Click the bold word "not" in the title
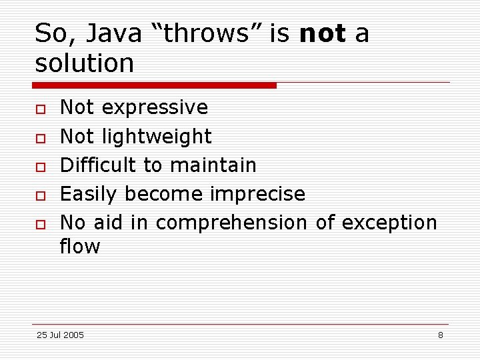click(323, 33)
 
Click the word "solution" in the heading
click(85, 63)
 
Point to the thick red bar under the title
click(154, 85)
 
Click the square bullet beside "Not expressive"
click(40, 109)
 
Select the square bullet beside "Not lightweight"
click(40, 137)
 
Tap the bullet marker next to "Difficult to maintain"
click(40, 166)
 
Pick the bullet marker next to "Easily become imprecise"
click(40, 195)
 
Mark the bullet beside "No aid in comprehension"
click(40, 224)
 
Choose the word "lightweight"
click(157, 137)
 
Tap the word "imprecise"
click(257, 194)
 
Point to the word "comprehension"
click(231, 223)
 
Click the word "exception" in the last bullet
click(389, 223)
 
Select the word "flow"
click(80, 247)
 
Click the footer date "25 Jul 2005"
click(60, 335)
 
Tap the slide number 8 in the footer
click(440, 335)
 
